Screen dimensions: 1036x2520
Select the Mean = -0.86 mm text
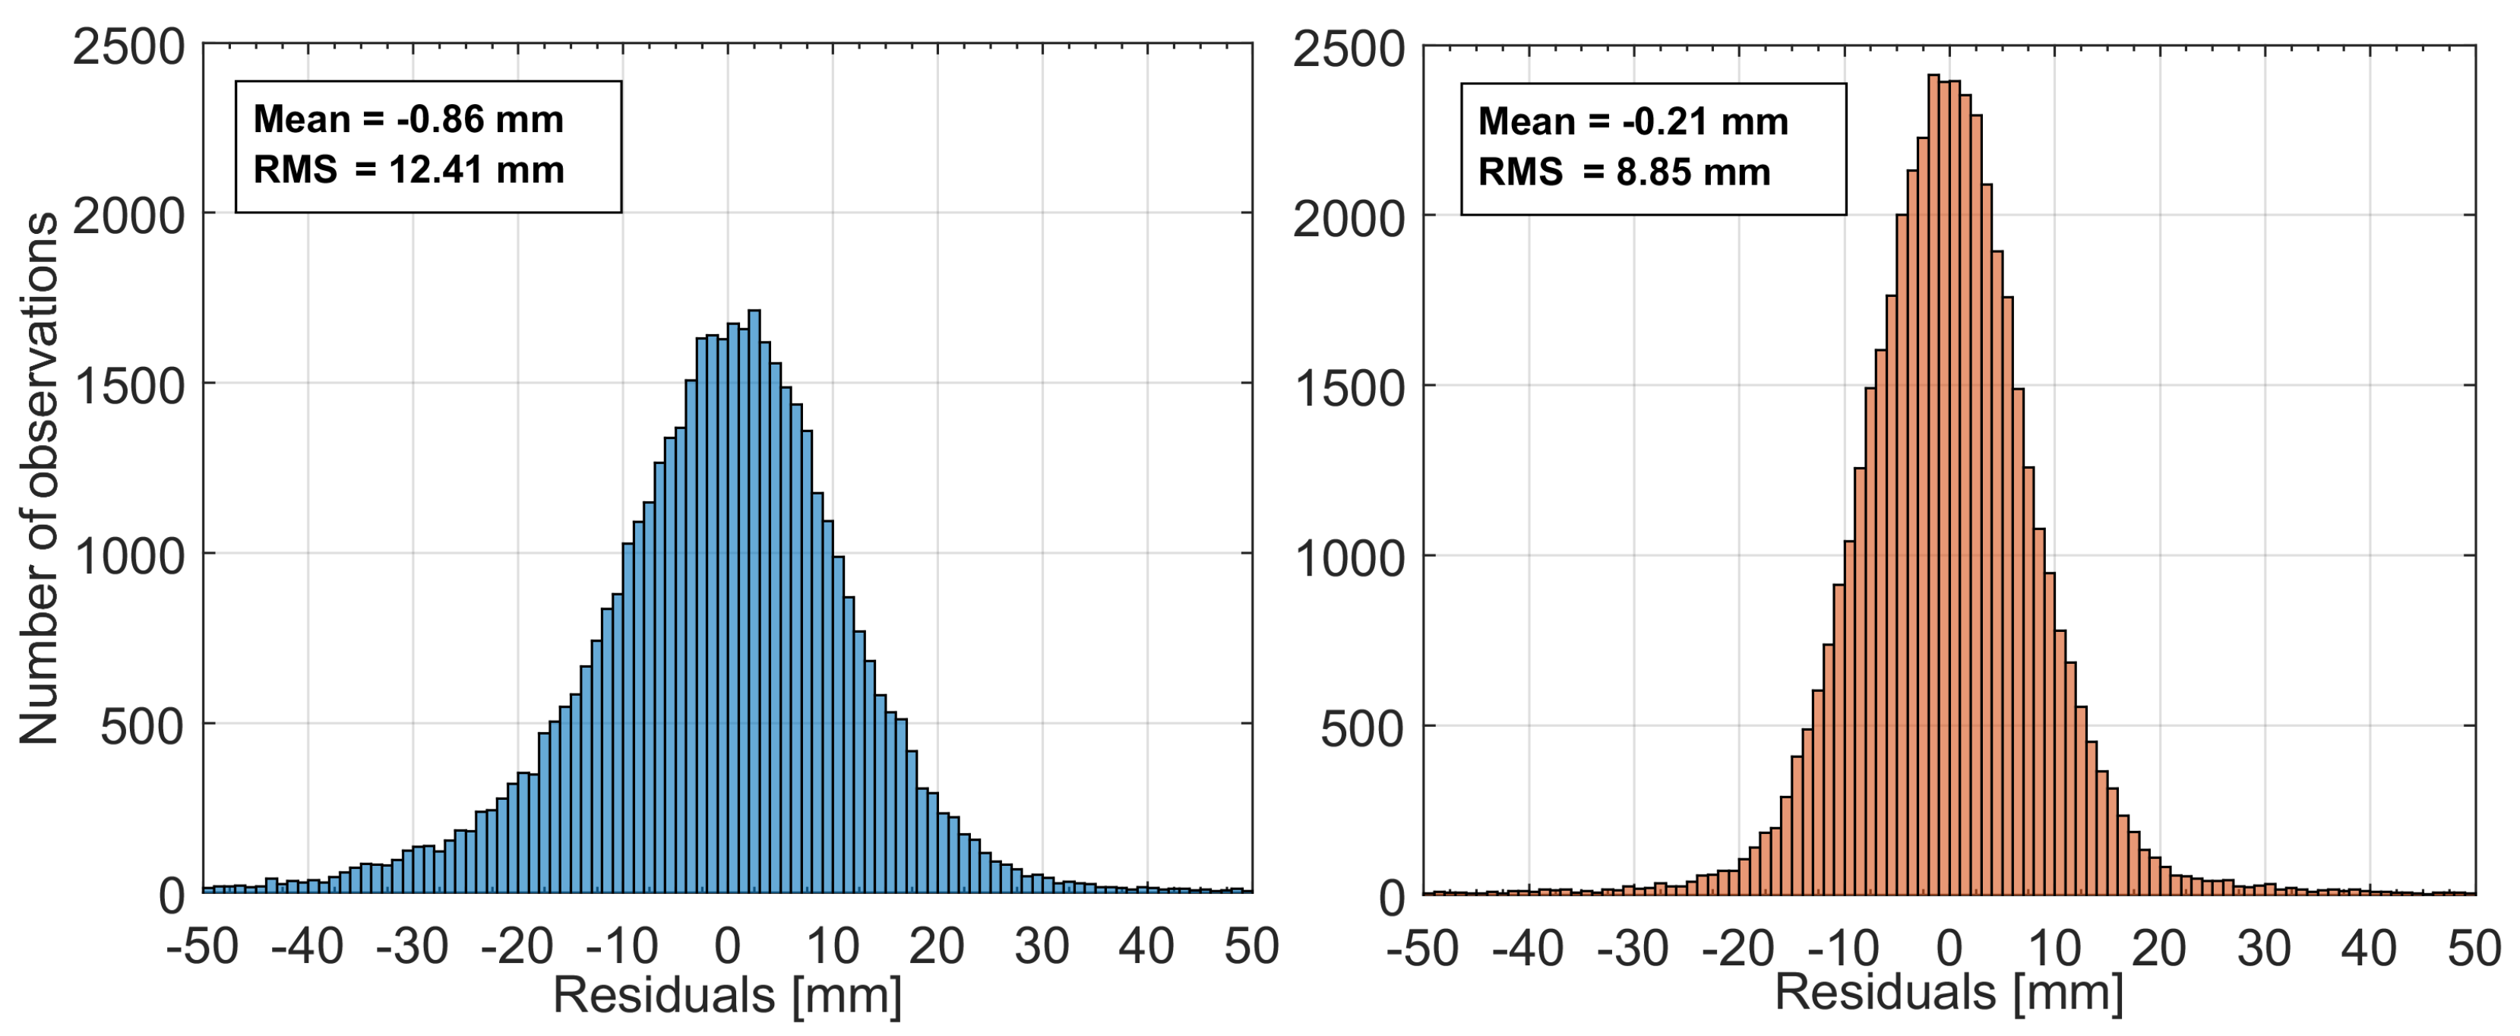coord(408,119)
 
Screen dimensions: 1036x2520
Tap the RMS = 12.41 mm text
coord(408,170)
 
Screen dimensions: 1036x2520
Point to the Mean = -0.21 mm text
coord(1633,122)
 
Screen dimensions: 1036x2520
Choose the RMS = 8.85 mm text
coord(1624,172)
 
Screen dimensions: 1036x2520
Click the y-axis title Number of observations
coord(40,479)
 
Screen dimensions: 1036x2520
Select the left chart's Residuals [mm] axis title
coord(727,996)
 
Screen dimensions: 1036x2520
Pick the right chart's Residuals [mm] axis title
coord(1949,992)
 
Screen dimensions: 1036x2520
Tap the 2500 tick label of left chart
coord(128,47)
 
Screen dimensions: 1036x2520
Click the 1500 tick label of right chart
coord(1349,387)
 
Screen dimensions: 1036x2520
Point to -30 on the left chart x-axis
coord(412,947)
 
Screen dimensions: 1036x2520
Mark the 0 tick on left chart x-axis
coord(727,947)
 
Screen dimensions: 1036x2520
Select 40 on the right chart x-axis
coord(2370,949)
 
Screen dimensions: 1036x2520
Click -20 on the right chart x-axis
coord(1738,949)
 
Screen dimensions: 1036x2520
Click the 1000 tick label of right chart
coord(1349,558)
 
